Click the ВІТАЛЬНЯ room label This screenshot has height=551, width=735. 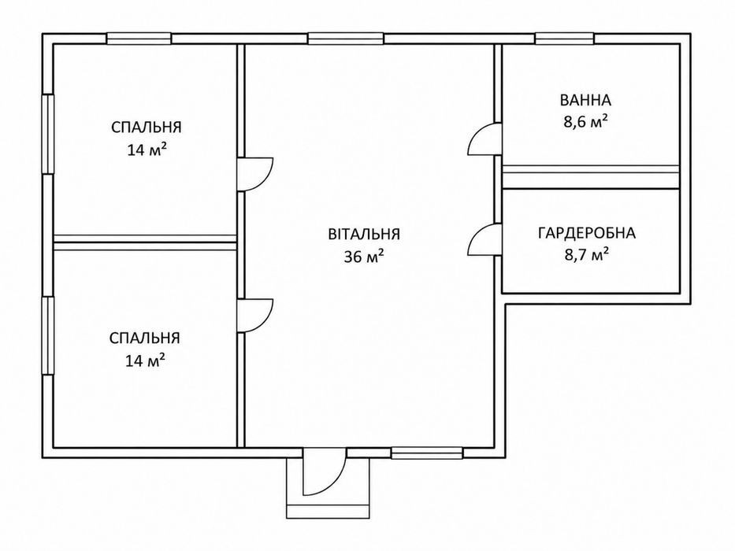[364, 233]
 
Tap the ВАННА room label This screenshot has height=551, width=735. [585, 100]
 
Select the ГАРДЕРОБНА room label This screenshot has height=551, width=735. [586, 233]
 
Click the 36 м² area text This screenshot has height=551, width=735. [364, 256]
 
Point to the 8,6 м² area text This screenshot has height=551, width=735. [586, 122]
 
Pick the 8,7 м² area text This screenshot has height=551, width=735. [586, 254]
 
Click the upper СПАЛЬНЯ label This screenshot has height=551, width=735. [147, 127]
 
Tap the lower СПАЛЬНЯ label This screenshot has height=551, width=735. [144, 338]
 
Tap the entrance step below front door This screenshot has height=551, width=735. [329, 511]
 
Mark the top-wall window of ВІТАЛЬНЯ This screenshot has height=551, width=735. [346, 39]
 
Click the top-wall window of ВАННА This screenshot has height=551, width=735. [564, 39]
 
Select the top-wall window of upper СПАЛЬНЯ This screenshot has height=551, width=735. [139, 39]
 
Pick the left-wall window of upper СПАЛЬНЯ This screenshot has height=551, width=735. [48, 134]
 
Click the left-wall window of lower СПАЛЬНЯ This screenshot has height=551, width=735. [48, 335]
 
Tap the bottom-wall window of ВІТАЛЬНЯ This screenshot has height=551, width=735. [427, 453]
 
